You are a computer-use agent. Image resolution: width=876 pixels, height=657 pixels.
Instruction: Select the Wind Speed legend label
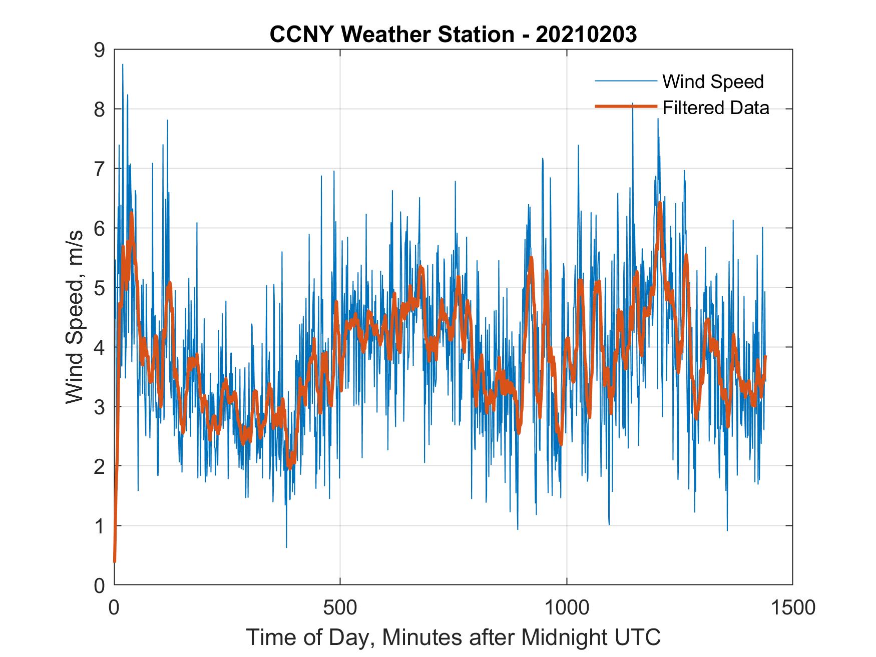pyautogui.click(x=713, y=82)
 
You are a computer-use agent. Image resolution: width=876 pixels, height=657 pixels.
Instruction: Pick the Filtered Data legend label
pyautogui.click(x=716, y=108)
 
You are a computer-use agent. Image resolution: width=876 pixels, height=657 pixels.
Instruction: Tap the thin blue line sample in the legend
pyautogui.click(x=625, y=81)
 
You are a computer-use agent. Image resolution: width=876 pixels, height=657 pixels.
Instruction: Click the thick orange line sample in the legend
pyautogui.click(x=625, y=107)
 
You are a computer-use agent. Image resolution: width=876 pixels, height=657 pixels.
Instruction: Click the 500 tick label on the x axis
pyautogui.click(x=340, y=608)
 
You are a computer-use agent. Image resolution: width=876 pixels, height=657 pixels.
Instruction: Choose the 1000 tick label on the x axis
pyautogui.click(x=567, y=608)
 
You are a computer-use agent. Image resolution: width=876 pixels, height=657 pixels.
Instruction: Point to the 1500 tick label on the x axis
pyautogui.click(x=792, y=608)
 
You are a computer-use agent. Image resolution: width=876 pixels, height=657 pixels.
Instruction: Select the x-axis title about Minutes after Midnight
pyautogui.click(x=453, y=637)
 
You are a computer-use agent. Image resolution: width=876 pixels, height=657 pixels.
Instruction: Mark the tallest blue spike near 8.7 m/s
pyautogui.click(x=123, y=65)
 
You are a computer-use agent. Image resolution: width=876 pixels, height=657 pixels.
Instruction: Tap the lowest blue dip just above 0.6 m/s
pyautogui.click(x=286, y=547)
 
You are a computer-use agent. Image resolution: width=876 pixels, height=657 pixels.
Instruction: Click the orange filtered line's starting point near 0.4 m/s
pyautogui.click(x=115, y=561)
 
